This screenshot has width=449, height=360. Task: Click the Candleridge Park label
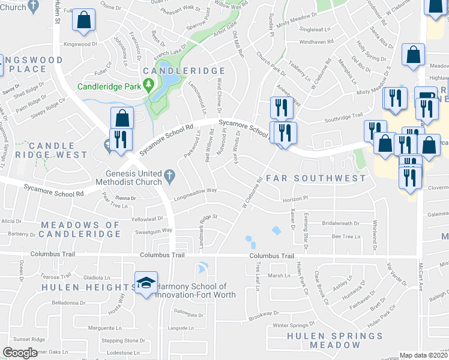click(109, 86)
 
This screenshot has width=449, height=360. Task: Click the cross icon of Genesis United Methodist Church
click(170, 176)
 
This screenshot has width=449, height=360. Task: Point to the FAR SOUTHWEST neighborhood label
click(315, 178)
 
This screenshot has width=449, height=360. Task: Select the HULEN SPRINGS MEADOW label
click(324, 340)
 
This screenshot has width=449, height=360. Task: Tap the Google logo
click(20, 352)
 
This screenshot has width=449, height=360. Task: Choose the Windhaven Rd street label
click(314, 43)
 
